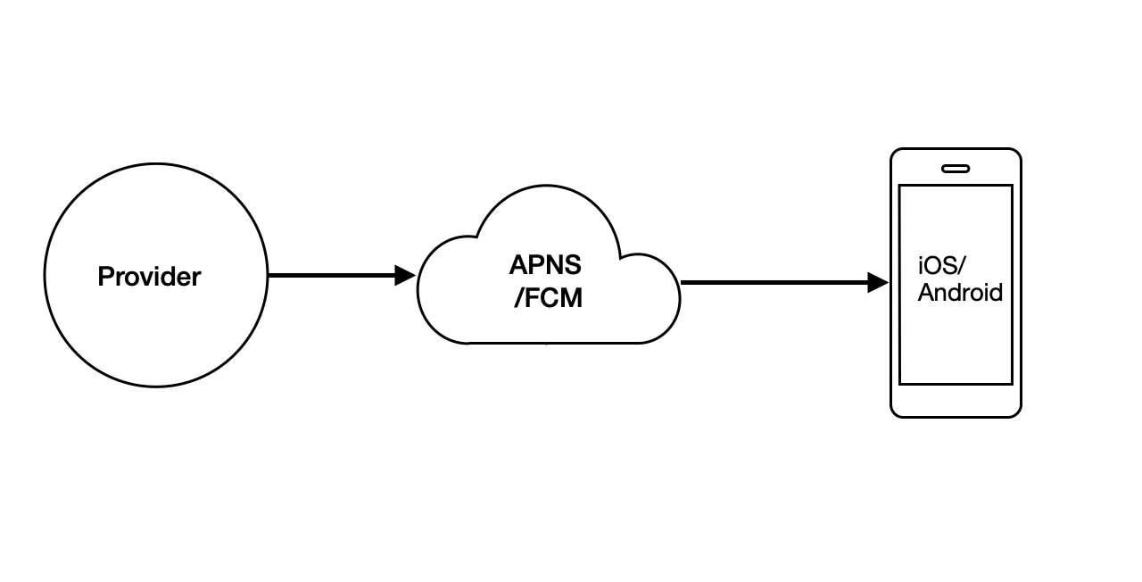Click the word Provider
click(149, 277)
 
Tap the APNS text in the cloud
click(545, 265)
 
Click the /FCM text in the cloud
click(548, 298)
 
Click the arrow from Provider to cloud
click(330, 276)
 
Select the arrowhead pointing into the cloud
click(406, 276)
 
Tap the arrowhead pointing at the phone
click(879, 283)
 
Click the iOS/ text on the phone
click(942, 265)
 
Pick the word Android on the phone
click(960, 293)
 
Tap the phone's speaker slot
click(956, 168)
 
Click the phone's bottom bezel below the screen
click(956, 401)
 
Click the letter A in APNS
click(518, 265)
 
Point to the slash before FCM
click(518, 298)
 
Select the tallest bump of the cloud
click(547, 193)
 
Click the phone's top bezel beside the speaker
click(990, 168)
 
